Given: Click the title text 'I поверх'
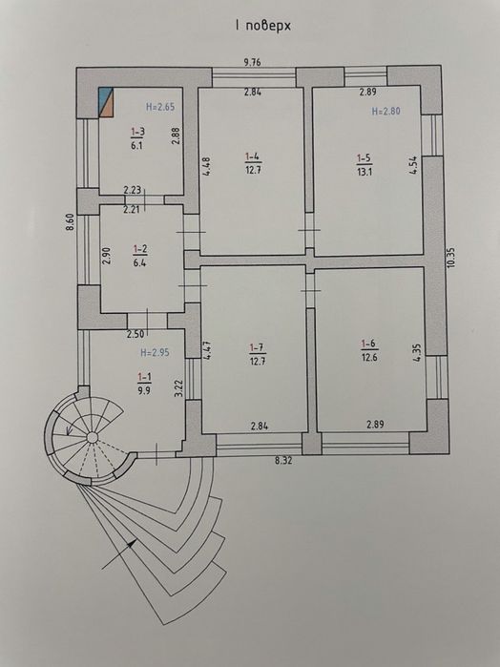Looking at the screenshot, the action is point(262,26).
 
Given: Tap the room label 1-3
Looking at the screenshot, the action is point(137,132).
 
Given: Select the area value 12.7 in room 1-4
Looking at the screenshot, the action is point(253,170).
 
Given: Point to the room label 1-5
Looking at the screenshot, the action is point(364,158).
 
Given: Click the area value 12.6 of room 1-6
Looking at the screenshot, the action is point(369,357).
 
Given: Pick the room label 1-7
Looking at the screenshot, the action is point(258,348).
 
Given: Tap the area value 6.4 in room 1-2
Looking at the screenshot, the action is point(140,262).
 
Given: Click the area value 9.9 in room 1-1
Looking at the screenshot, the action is point(144,390).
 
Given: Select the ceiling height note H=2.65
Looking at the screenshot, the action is point(160,107).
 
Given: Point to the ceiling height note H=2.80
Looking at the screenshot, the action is point(385,112).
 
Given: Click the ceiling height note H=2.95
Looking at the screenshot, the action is point(155,353).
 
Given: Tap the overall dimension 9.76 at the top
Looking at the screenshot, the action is point(252,62).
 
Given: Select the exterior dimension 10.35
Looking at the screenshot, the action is point(451,257).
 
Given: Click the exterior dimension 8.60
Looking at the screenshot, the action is point(71,221).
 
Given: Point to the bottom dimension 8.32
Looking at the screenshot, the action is point(283,460).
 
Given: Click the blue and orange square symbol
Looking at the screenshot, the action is point(106,102).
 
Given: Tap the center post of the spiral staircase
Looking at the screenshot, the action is point(92,437).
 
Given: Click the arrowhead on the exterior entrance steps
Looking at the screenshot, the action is point(133,542).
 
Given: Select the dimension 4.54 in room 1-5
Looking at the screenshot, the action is point(412,165).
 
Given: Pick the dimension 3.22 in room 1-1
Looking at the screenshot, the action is point(178,388).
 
